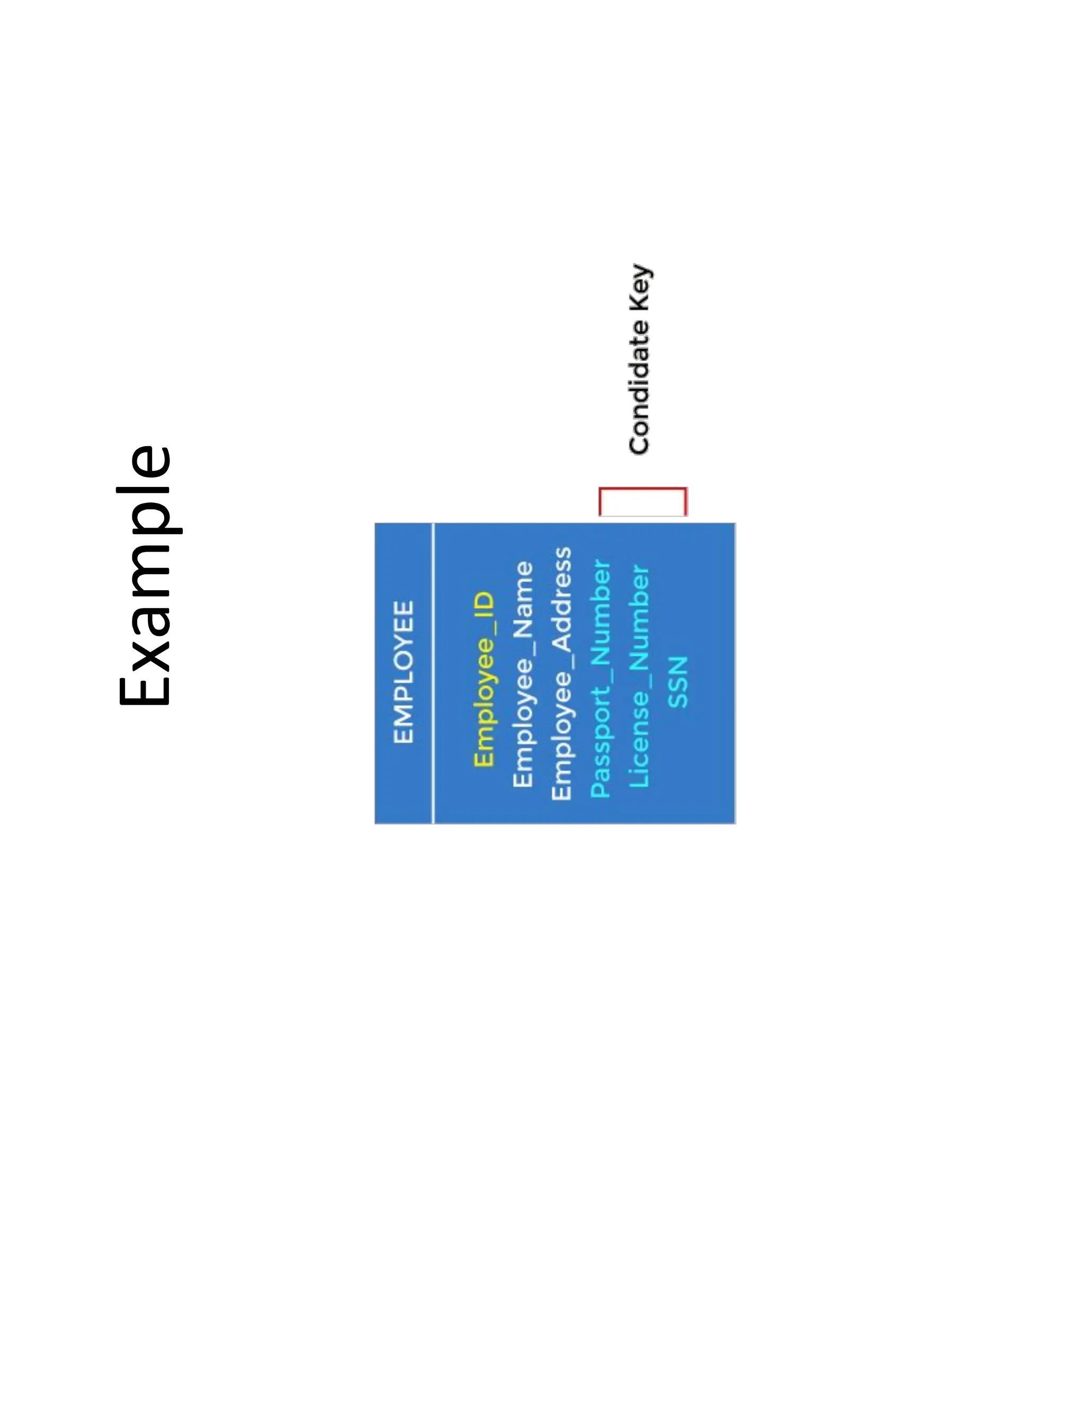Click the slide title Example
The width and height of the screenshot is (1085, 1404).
pos(145,575)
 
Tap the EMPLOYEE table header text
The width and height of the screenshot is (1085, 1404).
pos(404,672)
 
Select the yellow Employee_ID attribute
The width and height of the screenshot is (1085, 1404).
pos(483,680)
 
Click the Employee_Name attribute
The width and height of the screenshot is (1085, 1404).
pos(522,674)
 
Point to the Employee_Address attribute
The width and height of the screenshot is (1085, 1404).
pos(561,674)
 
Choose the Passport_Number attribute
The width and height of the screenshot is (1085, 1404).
pos(600,679)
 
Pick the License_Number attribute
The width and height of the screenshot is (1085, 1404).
pos(639,676)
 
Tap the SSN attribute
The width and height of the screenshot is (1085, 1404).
pos(678,682)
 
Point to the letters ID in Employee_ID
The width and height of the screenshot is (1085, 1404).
pos(483,606)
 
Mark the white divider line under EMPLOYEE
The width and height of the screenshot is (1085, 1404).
pos(434,672)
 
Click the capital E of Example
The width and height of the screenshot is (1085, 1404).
pos(145,681)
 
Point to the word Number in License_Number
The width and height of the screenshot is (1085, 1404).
pos(639,617)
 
